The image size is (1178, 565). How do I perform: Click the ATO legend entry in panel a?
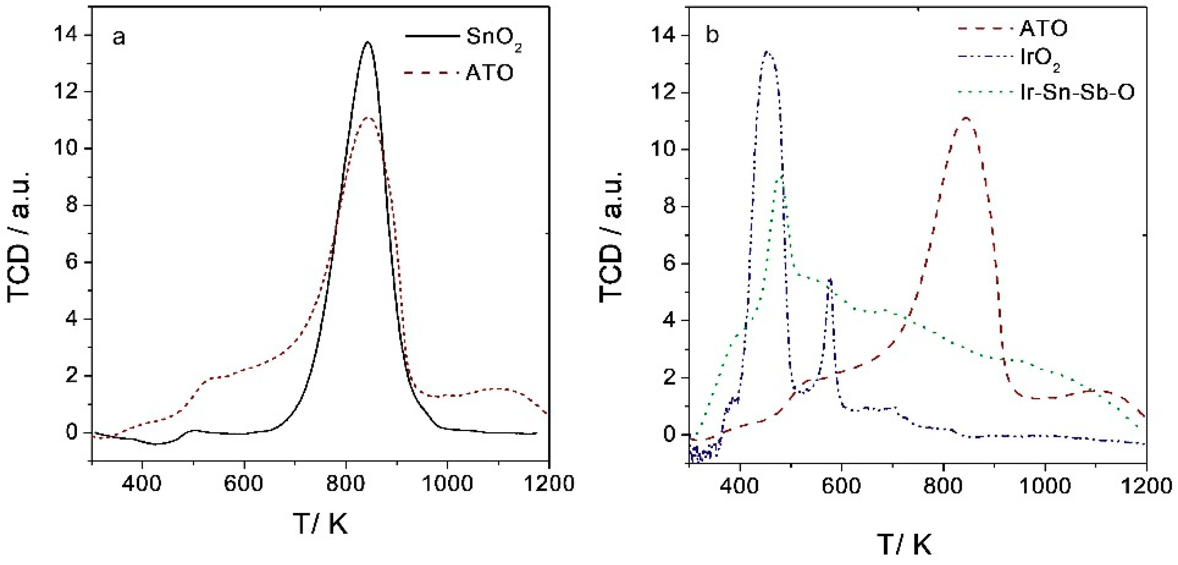(x=489, y=73)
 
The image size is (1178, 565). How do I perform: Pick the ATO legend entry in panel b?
(x=1044, y=29)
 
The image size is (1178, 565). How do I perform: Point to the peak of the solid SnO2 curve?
(x=367, y=43)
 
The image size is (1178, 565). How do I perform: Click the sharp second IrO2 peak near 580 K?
(x=830, y=279)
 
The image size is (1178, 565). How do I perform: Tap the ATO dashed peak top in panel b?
(x=965, y=118)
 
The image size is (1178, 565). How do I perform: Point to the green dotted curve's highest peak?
(x=781, y=176)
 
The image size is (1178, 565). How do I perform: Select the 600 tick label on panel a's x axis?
(x=243, y=484)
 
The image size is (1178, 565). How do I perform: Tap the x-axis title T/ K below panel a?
(x=320, y=524)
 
